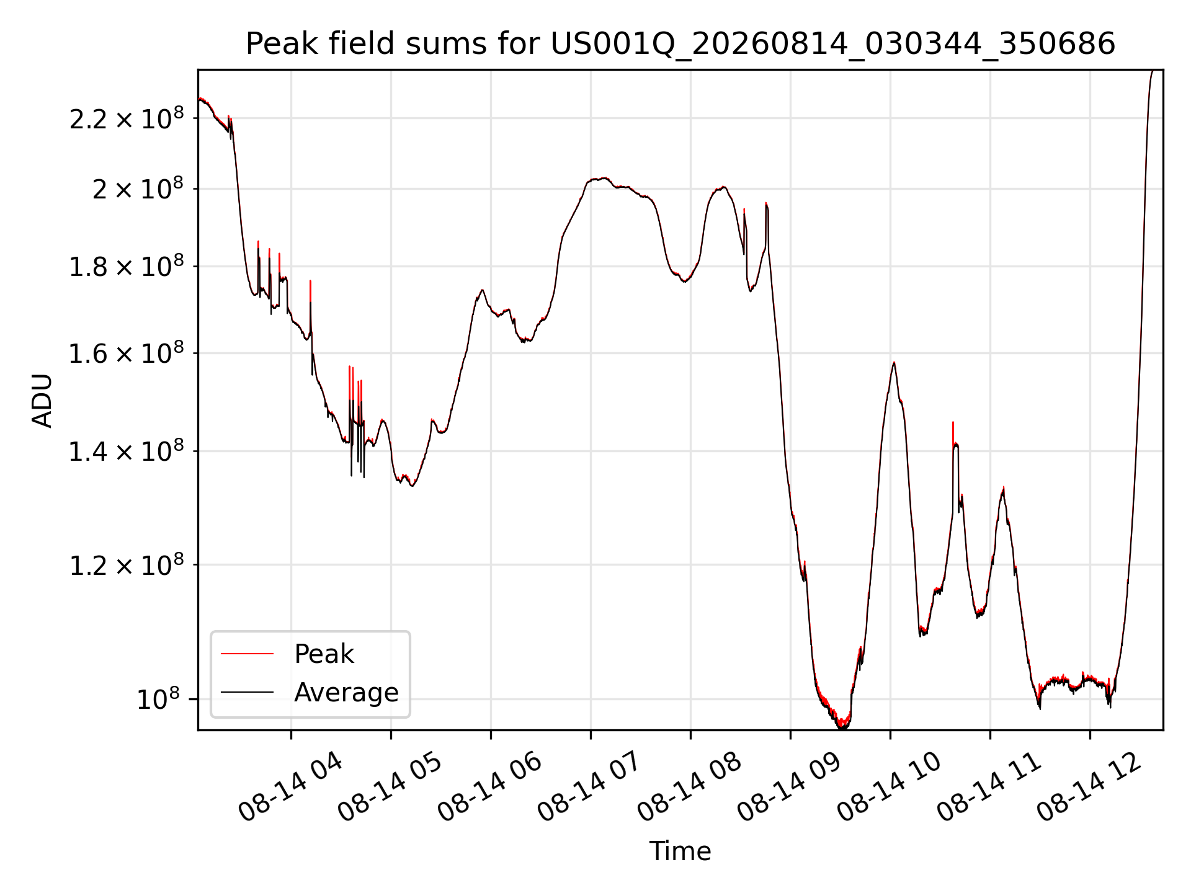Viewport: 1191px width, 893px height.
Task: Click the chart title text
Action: pos(680,44)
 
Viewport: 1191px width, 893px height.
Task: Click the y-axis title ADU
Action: pos(42,401)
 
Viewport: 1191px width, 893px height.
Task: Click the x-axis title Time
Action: pos(680,851)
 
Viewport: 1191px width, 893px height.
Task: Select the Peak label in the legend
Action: pos(324,654)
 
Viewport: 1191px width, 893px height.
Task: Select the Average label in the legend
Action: pos(346,692)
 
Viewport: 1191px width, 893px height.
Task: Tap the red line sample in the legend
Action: pos(247,654)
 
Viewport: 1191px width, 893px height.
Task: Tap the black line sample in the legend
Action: pos(247,692)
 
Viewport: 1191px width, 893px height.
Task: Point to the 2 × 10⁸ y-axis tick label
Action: pos(138,189)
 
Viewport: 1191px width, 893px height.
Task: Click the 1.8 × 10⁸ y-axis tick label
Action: pos(127,267)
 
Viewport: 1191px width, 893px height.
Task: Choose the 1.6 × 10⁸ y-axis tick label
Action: pos(127,353)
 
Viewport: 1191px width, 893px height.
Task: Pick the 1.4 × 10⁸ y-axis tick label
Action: pos(127,451)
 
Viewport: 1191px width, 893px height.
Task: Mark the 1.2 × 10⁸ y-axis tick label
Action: pos(127,565)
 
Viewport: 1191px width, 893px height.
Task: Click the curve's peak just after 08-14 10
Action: pos(894,362)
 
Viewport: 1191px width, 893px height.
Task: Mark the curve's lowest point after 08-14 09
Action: pos(842,727)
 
